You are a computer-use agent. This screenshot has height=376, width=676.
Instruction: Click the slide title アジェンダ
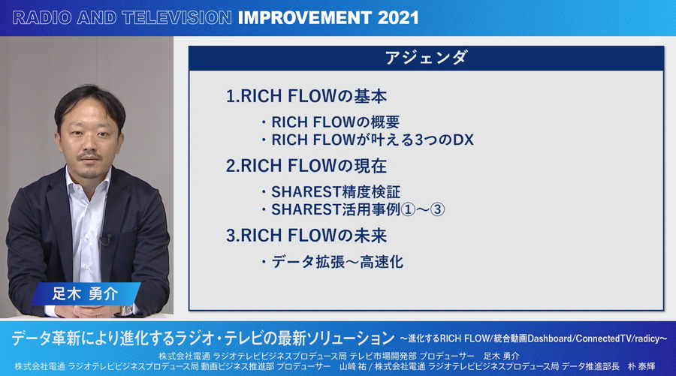pos(426,58)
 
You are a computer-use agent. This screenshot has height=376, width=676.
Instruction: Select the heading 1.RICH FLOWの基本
pos(306,97)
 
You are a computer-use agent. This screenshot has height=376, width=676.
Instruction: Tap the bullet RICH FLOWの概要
pos(336,122)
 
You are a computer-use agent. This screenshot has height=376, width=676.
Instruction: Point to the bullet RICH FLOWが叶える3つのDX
pos(373,140)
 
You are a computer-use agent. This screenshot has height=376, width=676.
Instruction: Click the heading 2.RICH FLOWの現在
pos(306,166)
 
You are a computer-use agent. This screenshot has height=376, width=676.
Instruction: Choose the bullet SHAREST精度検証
pos(336,192)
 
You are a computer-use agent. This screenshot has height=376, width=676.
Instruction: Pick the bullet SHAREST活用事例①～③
pos(358,209)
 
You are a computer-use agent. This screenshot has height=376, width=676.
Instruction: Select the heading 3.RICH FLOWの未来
pos(306,236)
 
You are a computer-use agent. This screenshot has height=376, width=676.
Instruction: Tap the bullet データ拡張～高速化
pos(337,262)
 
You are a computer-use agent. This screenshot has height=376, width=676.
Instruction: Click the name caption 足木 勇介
pos(85,293)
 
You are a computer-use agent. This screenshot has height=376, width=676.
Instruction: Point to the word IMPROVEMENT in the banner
pos(304,18)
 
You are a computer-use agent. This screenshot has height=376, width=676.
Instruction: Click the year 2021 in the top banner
pos(398,18)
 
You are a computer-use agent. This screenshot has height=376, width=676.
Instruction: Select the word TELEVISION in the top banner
pos(177,18)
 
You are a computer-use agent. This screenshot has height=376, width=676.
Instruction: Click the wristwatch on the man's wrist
pos(127,309)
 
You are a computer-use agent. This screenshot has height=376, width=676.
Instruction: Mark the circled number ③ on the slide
pos(438,209)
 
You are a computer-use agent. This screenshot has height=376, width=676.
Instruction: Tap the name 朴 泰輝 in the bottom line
pos(641,366)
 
